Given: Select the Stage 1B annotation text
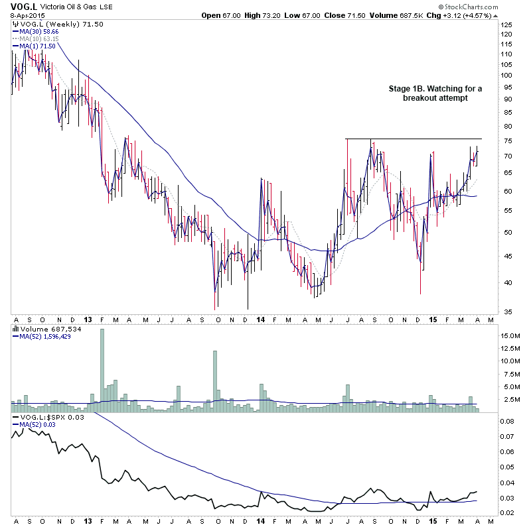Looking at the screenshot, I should (434, 93).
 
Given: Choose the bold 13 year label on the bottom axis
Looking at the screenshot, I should (88, 518).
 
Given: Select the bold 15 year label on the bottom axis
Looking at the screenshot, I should (431, 518).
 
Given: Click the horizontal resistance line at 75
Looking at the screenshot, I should (412, 139).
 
